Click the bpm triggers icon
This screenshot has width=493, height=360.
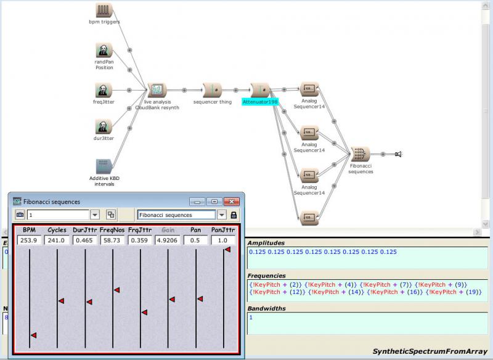click(104, 10)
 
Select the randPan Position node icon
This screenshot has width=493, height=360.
click(104, 51)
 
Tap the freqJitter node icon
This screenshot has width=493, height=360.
click(104, 90)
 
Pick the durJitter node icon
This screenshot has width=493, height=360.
click(104, 127)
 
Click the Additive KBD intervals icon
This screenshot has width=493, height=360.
click(104, 166)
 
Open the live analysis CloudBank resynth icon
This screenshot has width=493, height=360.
click(157, 90)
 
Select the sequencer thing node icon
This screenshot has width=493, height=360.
click(213, 90)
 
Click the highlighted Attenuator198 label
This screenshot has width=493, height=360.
click(260, 102)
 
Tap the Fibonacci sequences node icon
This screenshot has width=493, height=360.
click(361, 154)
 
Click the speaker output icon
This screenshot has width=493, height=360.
click(398, 154)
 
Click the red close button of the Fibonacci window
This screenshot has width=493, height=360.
click(232, 202)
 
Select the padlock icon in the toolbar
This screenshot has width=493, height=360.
click(234, 215)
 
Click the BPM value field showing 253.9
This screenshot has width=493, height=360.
click(29, 240)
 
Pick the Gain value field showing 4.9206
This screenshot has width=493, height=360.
click(168, 240)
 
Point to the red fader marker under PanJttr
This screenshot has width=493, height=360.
click(227, 249)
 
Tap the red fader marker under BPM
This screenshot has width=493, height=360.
click(34, 335)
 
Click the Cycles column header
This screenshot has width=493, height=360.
click(57, 230)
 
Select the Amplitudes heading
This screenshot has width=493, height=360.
click(266, 243)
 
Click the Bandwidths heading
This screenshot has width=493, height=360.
click(267, 308)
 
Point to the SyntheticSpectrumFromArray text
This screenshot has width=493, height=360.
click(430, 351)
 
